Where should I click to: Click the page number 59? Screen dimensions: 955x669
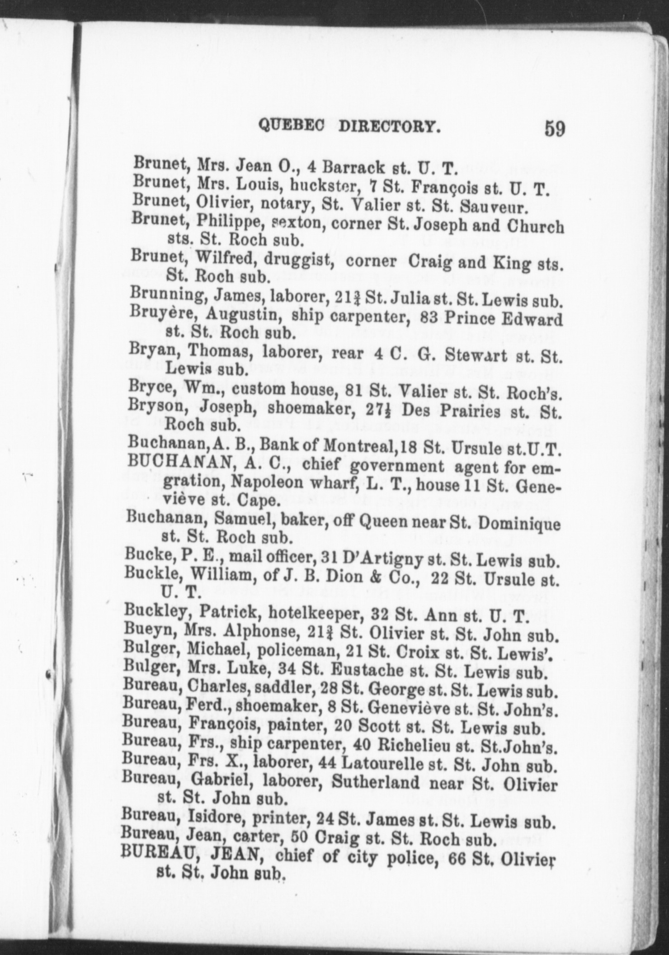[x=554, y=128]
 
